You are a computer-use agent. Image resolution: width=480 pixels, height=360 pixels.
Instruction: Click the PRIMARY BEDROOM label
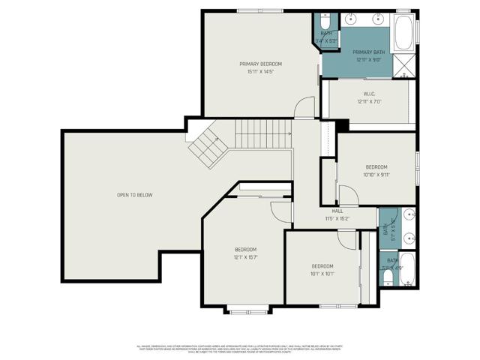pos(260,64)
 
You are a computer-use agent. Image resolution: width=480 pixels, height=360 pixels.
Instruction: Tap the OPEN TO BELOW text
pos(134,195)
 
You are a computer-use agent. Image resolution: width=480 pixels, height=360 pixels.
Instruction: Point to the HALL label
pos(337,211)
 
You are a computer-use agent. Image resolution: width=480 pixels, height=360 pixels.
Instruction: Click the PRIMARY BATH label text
pos(368,52)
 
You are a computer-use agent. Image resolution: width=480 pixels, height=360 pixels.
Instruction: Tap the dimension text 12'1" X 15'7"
pos(245,257)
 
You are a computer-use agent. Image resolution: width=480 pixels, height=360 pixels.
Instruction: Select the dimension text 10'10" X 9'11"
pos(376,175)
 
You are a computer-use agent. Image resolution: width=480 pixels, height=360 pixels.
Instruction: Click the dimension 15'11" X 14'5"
pos(260,72)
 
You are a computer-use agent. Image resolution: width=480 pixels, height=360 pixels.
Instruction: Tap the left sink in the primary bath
pos(352,18)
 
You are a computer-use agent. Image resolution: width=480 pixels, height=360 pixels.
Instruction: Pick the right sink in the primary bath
pos(379,18)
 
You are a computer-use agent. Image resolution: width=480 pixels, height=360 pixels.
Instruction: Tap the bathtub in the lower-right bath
pos(406,270)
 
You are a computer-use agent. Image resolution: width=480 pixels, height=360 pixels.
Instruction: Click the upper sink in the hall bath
pos(409,216)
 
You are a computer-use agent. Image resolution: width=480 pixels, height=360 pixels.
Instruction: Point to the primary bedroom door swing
pos(304,109)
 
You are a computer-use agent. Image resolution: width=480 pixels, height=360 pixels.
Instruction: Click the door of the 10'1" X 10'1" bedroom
pos(346,239)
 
